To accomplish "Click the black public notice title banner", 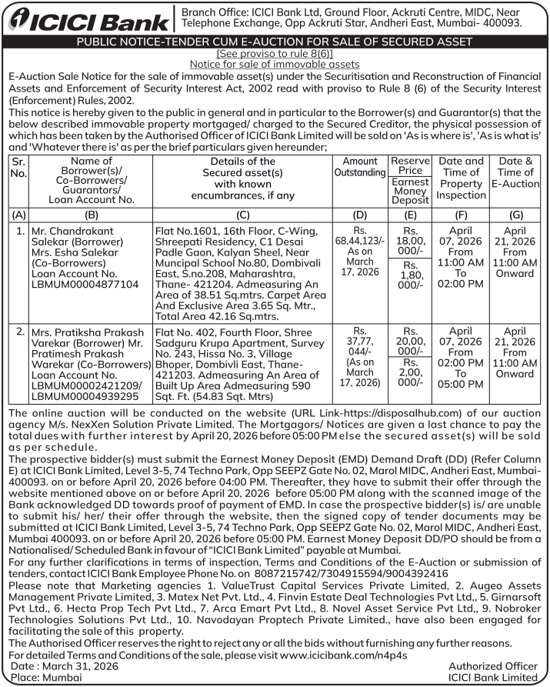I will (275, 42).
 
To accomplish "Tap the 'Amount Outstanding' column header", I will (359, 167).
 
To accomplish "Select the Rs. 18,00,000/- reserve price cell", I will (410, 241).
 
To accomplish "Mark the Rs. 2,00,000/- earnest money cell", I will (410, 373).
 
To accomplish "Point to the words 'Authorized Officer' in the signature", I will (492, 665).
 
